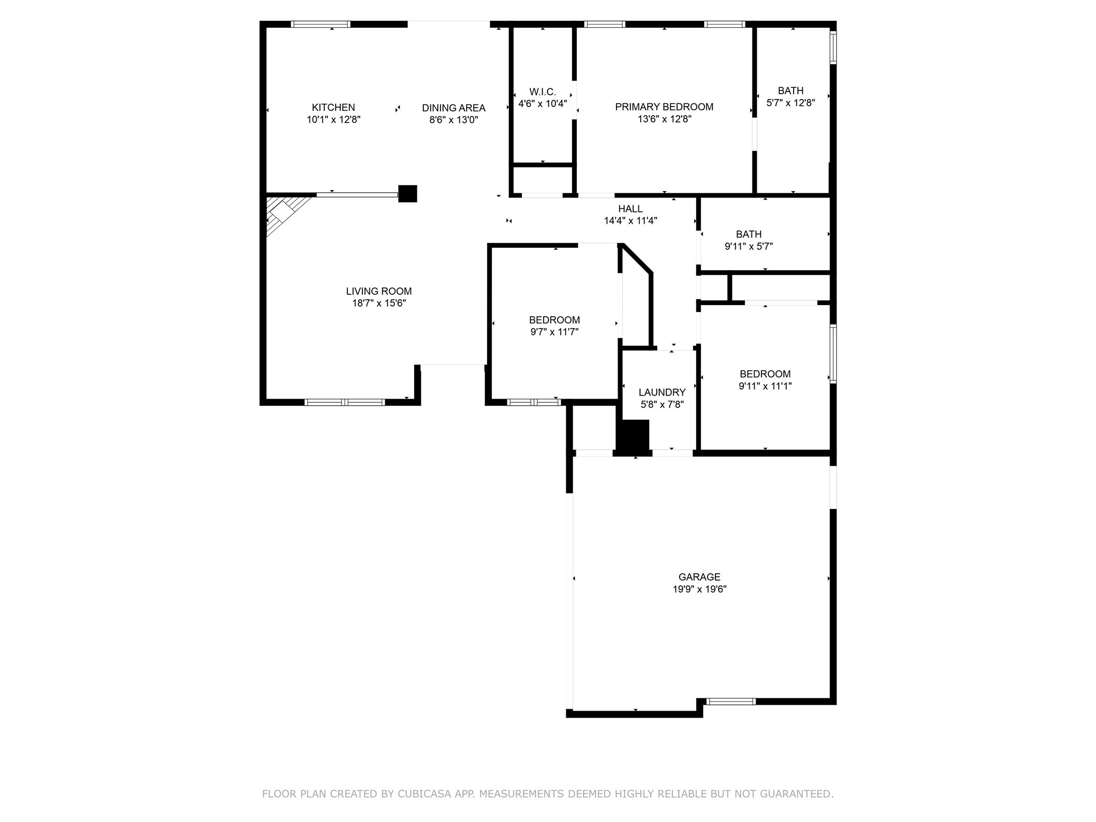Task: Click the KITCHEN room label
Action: (333, 108)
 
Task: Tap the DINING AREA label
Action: (454, 108)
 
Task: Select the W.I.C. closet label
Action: (543, 92)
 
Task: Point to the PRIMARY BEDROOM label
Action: (664, 107)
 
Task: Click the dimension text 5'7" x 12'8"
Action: (791, 103)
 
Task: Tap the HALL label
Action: (630, 209)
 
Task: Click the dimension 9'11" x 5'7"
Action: (749, 246)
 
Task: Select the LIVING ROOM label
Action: (379, 291)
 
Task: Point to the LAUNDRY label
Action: (662, 392)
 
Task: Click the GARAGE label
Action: (699, 577)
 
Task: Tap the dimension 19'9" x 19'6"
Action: (699, 589)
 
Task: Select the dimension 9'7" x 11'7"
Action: (554, 332)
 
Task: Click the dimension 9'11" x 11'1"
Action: (765, 386)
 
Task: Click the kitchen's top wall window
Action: (321, 24)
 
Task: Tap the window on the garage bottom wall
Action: (731, 702)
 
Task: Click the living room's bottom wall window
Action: (345, 402)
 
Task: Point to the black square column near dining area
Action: (408, 194)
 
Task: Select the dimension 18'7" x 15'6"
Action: (379, 303)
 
